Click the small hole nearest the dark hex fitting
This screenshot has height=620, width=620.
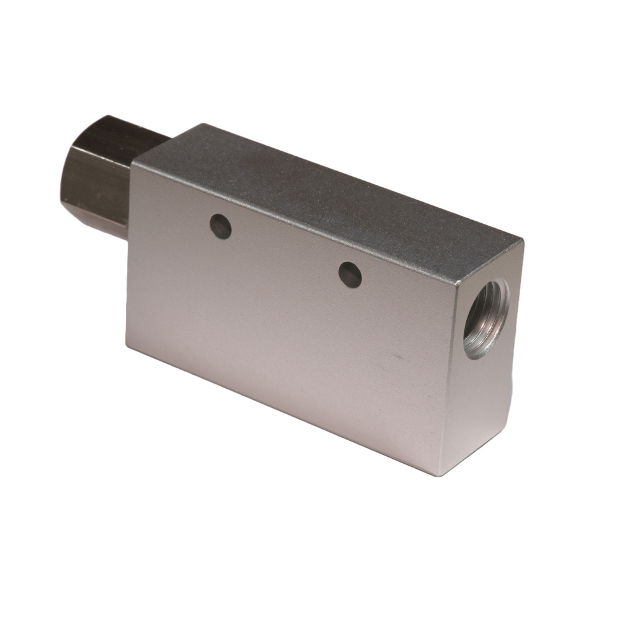pos(221,227)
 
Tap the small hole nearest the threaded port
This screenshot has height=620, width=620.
pos(350,275)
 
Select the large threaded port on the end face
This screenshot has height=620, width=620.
pos(486,319)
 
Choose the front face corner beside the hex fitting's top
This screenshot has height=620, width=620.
pos(133,162)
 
